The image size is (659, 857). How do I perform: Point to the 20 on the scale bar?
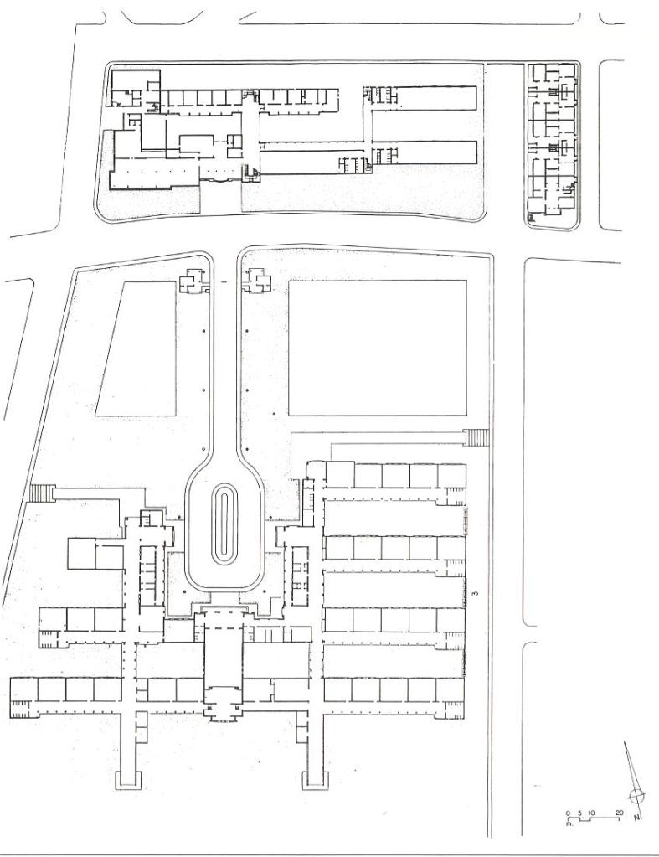[x=619, y=813]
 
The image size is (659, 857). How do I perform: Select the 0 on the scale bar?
[x=568, y=813]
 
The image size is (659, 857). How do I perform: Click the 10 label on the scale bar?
[x=592, y=813]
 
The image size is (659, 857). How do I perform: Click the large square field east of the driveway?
[x=378, y=348]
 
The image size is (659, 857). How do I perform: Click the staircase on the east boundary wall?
[x=476, y=438]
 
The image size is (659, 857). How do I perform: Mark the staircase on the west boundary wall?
[x=42, y=493]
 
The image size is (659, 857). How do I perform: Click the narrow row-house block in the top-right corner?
[x=552, y=144]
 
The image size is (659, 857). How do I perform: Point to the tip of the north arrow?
[x=625, y=741]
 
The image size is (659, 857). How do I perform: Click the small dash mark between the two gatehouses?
[x=224, y=281]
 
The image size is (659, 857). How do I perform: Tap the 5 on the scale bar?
[x=579, y=813]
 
